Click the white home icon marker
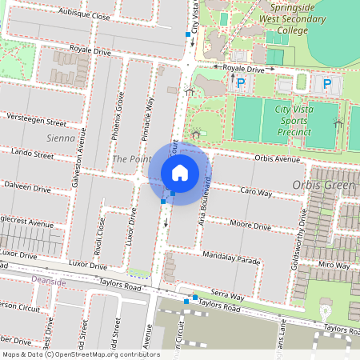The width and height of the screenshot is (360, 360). [180, 173]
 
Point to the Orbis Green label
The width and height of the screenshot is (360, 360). [323, 186]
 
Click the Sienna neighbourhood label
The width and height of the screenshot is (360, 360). [60, 138]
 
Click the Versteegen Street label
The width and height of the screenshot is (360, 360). [34, 122]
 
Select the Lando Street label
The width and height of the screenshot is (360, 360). [33, 151]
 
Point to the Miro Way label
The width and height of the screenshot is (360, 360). [334, 264]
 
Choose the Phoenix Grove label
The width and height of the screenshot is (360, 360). [116, 119]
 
